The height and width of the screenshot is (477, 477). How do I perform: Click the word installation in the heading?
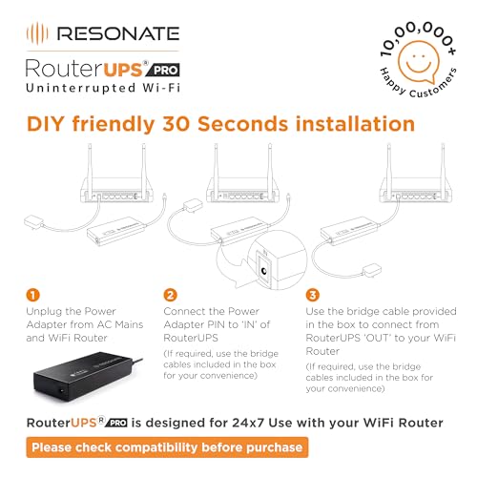(x=359, y=125)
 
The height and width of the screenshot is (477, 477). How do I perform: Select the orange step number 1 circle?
(x=33, y=295)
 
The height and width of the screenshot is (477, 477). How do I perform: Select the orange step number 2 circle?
(x=170, y=295)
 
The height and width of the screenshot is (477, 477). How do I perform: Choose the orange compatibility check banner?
(x=167, y=446)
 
